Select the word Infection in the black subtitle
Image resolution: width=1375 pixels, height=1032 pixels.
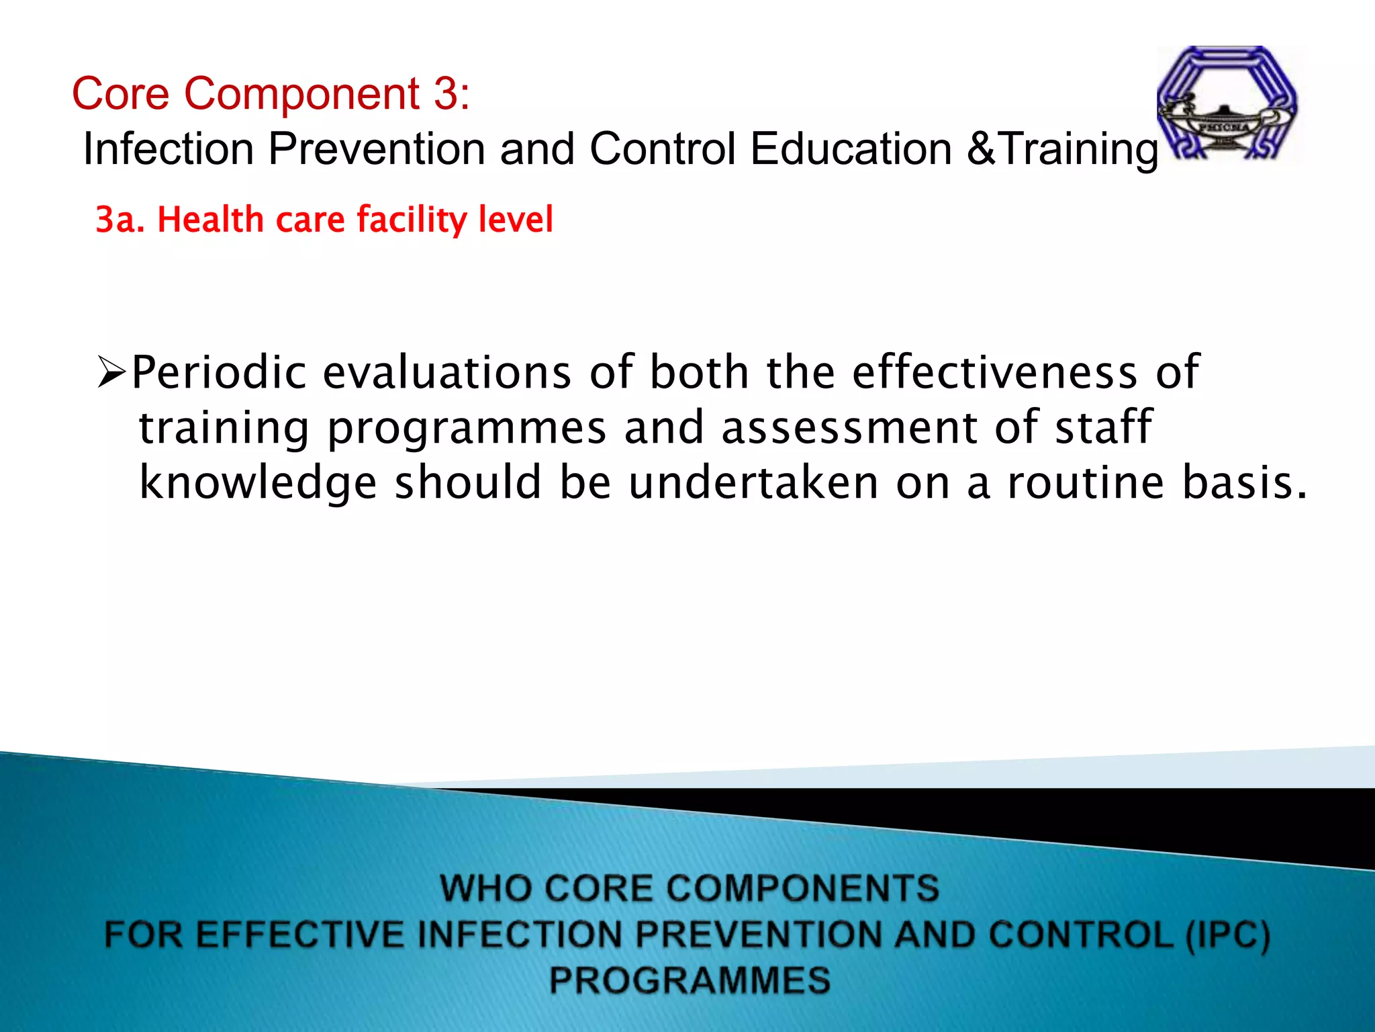click(168, 148)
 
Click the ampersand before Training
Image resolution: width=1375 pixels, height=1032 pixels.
click(982, 148)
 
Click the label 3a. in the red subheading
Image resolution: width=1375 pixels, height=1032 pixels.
click(120, 220)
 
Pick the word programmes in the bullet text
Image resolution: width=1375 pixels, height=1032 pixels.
click(467, 429)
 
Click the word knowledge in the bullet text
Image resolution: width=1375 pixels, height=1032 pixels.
click(258, 483)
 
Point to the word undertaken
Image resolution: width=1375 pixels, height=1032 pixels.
click(753, 483)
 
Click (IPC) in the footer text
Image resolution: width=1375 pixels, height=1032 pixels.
click(1227, 935)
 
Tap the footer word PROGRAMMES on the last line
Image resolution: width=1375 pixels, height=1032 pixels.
click(690, 980)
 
